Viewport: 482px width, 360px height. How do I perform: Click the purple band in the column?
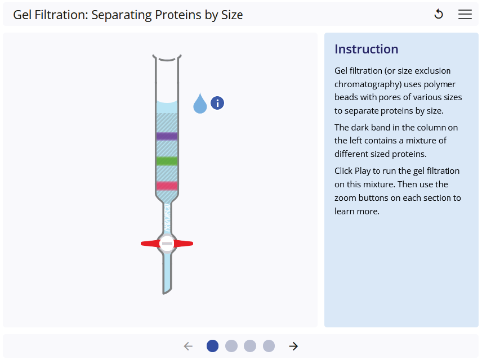click(x=167, y=136)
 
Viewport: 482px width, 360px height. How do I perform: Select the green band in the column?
click(x=167, y=161)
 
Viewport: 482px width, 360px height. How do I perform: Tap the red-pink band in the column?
click(x=167, y=186)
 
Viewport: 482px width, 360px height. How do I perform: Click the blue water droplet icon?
click(x=200, y=103)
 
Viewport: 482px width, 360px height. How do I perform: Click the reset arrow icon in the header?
click(x=439, y=15)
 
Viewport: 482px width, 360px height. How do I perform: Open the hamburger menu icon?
click(x=465, y=15)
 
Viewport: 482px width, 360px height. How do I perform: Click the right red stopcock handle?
click(x=184, y=244)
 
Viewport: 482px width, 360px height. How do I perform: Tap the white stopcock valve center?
click(x=167, y=244)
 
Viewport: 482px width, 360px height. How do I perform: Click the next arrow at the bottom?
click(x=293, y=346)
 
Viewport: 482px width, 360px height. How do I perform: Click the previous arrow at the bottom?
click(x=188, y=346)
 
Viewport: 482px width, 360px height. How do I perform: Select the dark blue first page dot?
click(x=212, y=346)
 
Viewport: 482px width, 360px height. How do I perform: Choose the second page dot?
click(x=231, y=346)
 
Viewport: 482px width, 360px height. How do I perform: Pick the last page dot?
click(x=269, y=346)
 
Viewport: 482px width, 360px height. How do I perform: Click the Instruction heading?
click(x=366, y=49)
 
